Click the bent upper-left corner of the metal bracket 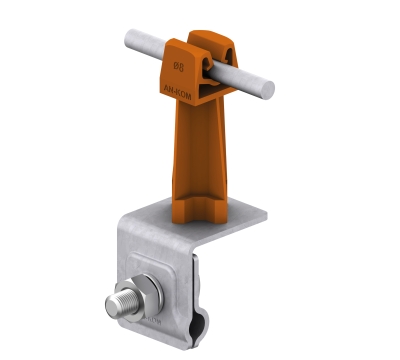coord(141,222)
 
